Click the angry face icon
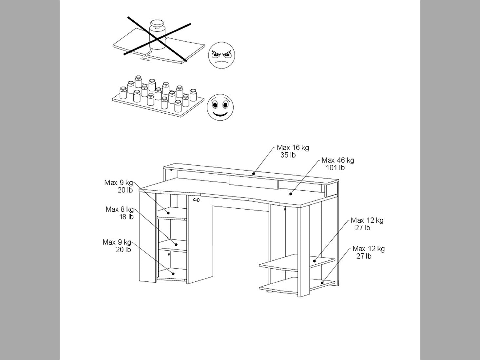(x=221, y=55)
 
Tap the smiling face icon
(x=220, y=107)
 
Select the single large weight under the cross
(x=157, y=35)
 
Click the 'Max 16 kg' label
(x=293, y=147)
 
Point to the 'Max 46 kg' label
(x=338, y=160)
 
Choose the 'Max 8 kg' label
(x=120, y=209)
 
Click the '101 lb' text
(x=335, y=168)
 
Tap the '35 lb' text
(x=288, y=155)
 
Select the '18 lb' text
(x=126, y=217)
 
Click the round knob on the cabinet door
(x=196, y=199)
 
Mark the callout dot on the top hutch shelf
(x=254, y=174)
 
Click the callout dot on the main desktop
(x=291, y=194)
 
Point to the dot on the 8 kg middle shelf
(x=176, y=245)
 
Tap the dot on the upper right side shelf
(x=315, y=261)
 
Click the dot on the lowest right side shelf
(x=322, y=283)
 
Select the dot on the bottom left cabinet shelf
(x=173, y=274)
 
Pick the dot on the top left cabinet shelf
(x=168, y=213)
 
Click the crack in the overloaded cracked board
(x=149, y=53)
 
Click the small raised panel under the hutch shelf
(x=254, y=182)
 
